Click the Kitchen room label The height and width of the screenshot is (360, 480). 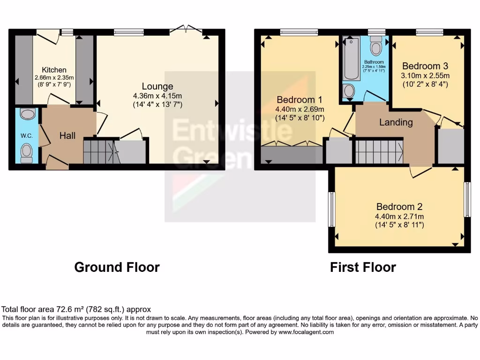54,70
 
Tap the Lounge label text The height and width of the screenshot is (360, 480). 157,86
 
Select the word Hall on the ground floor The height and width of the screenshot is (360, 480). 67,135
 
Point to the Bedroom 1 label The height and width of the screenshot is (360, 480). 299,100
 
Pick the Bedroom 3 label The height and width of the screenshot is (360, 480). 421,66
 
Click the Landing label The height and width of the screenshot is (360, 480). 396,122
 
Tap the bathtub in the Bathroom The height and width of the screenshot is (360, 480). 352,59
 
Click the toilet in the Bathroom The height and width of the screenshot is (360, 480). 376,46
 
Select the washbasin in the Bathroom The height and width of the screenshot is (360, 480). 349,91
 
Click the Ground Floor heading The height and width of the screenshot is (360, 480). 117,267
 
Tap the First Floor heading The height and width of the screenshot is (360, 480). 363,267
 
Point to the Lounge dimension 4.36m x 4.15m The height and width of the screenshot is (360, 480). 157,96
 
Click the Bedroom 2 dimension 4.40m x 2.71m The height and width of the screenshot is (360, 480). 400,216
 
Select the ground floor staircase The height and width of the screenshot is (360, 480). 99,151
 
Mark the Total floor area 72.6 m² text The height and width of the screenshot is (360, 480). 76,309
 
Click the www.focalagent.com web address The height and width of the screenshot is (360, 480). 306,332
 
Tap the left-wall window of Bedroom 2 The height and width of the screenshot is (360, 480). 331,206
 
